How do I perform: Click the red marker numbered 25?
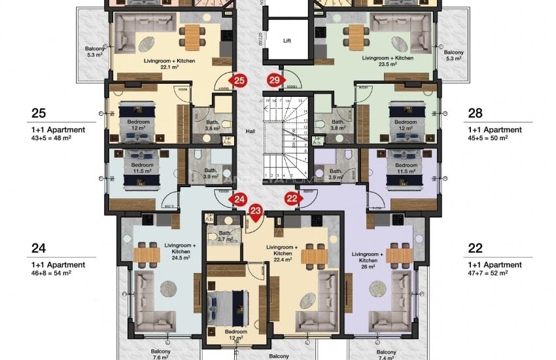pyautogui.click(x=239, y=81)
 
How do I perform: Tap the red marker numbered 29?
pyautogui.click(x=274, y=81)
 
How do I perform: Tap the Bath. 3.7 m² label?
pyautogui.click(x=225, y=236)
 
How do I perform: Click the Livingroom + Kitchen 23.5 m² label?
pyautogui.click(x=387, y=62)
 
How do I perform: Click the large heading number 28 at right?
pyautogui.click(x=475, y=113)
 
